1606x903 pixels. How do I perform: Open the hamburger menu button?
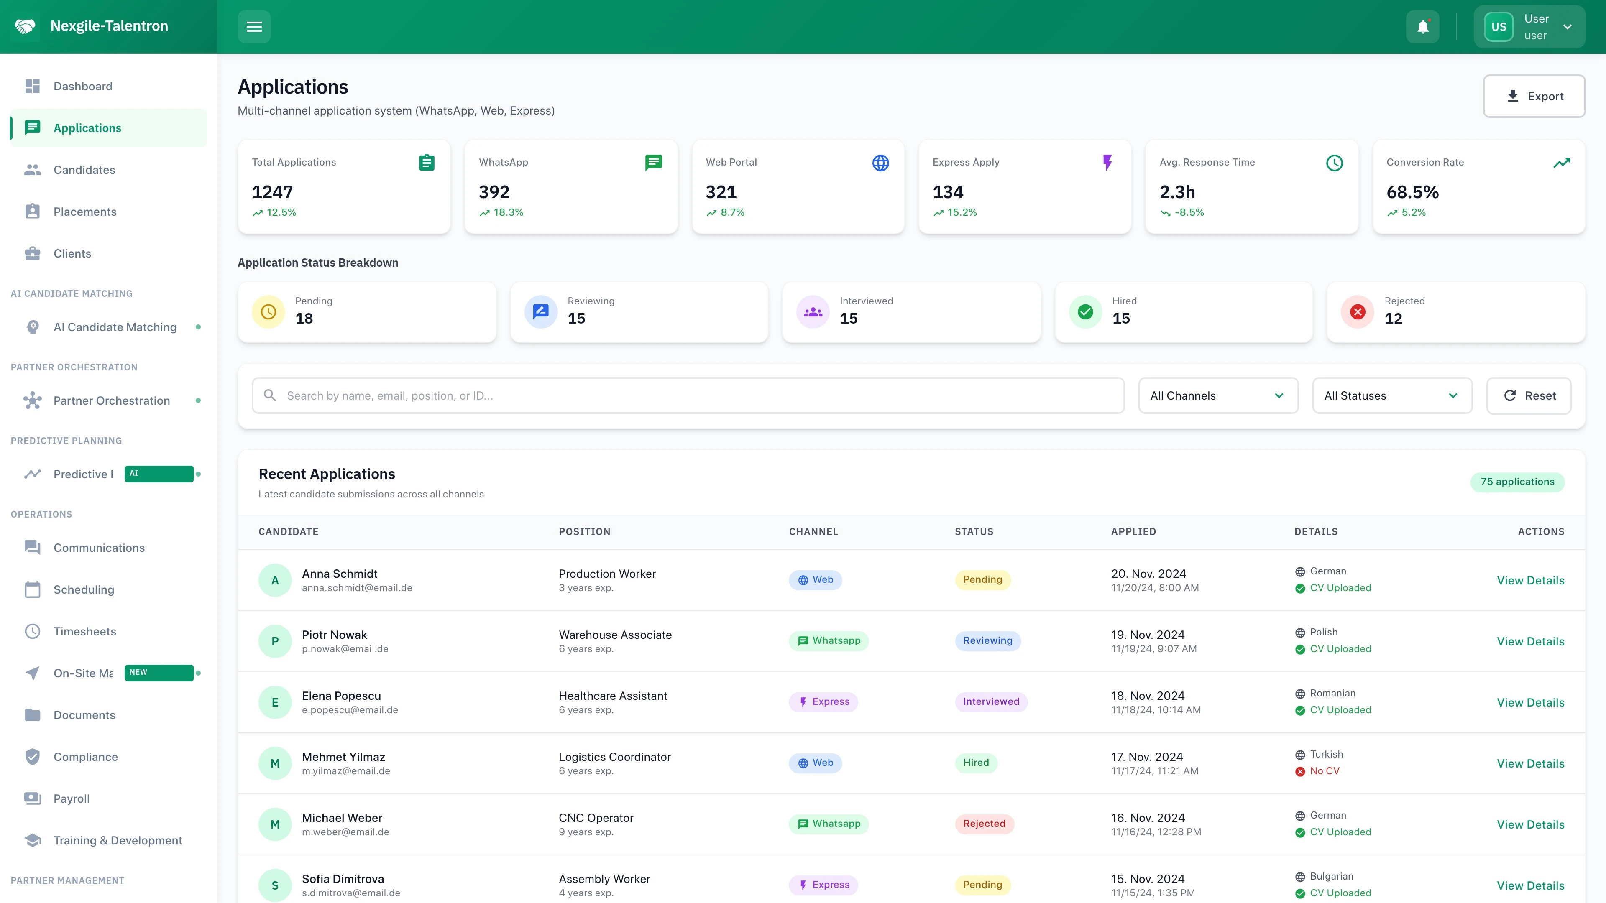(254, 27)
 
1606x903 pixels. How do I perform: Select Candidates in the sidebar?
(84, 169)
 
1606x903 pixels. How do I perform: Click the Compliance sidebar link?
(85, 757)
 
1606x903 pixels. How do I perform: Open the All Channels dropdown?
(1217, 396)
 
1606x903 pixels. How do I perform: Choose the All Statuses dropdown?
(1391, 396)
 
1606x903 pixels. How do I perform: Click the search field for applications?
(688, 396)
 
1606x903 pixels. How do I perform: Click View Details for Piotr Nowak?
(1530, 641)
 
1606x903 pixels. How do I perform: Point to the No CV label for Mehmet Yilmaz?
(1324, 771)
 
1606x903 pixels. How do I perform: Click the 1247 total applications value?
(272, 192)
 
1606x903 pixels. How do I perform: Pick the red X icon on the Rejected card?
(1357, 312)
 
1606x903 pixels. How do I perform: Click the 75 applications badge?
(1517, 482)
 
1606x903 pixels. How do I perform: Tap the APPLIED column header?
(1133, 532)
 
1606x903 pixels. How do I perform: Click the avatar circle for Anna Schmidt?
(275, 580)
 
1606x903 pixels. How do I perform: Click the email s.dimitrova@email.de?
(351, 893)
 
